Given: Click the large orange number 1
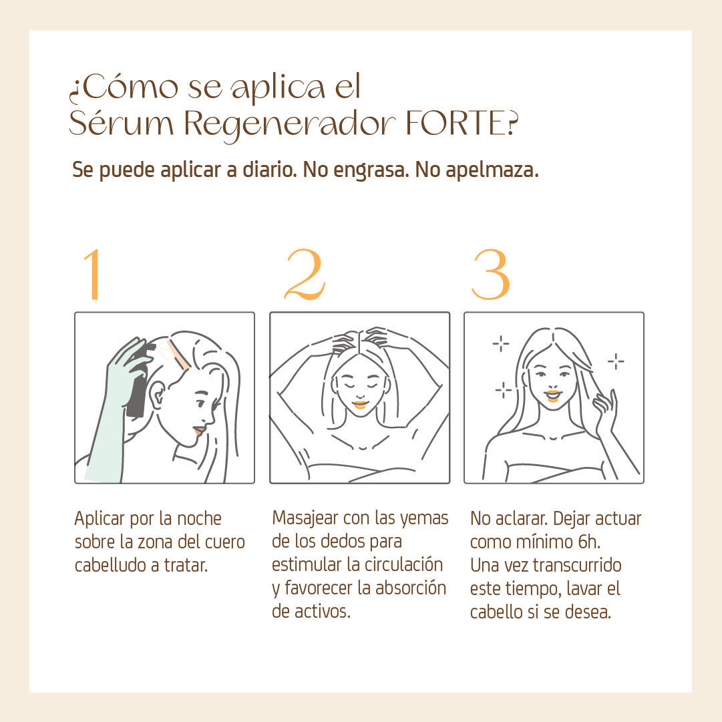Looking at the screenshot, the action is (x=93, y=275).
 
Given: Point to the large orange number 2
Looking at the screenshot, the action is (x=305, y=275).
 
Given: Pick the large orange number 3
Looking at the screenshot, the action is (x=491, y=275).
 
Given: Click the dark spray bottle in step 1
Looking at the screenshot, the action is (x=137, y=382).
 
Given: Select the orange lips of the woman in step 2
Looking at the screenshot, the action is (x=359, y=405).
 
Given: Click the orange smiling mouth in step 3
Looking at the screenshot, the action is (x=552, y=395).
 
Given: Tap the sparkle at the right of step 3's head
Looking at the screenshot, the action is (x=616, y=361).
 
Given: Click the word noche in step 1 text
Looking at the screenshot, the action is (x=200, y=518).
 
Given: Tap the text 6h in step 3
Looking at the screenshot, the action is (x=589, y=542).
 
